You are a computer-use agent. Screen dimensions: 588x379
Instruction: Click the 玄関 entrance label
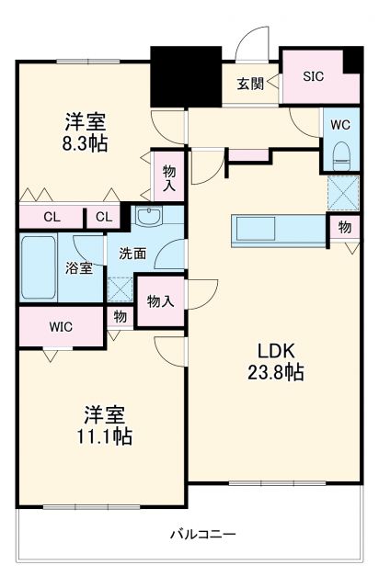(x=250, y=84)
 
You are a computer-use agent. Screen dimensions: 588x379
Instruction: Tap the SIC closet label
(x=314, y=76)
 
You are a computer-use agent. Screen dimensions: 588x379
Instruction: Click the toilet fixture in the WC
(x=342, y=151)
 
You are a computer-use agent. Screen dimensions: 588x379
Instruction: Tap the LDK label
(x=274, y=350)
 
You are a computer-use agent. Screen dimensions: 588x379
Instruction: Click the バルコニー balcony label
(x=204, y=534)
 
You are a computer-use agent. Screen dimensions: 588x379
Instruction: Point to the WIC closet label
(x=61, y=326)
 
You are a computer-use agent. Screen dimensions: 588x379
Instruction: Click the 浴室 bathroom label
(x=78, y=269)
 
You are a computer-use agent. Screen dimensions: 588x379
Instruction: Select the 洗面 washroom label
(x=132, y=254)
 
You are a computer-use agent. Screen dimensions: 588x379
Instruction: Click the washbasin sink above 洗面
(x=147, y=218)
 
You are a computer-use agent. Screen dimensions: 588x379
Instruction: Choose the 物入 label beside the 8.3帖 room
(x=169, y=177)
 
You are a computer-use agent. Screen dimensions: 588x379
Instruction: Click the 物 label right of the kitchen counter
(x=343, y=226)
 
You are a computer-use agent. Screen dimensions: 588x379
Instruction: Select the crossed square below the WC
(x=342, y=193)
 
